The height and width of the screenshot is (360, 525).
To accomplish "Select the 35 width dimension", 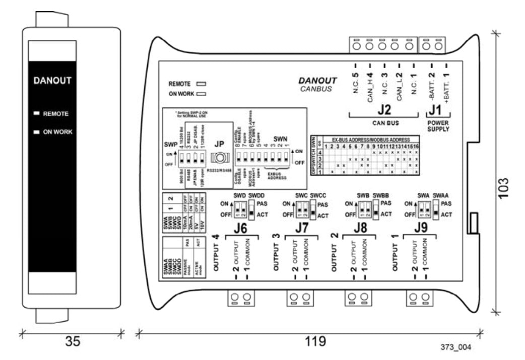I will click(72, 341).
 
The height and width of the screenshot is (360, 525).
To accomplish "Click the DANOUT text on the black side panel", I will click(52, 81).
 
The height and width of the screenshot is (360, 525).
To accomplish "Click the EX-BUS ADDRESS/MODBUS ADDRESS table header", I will click(371, 139).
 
